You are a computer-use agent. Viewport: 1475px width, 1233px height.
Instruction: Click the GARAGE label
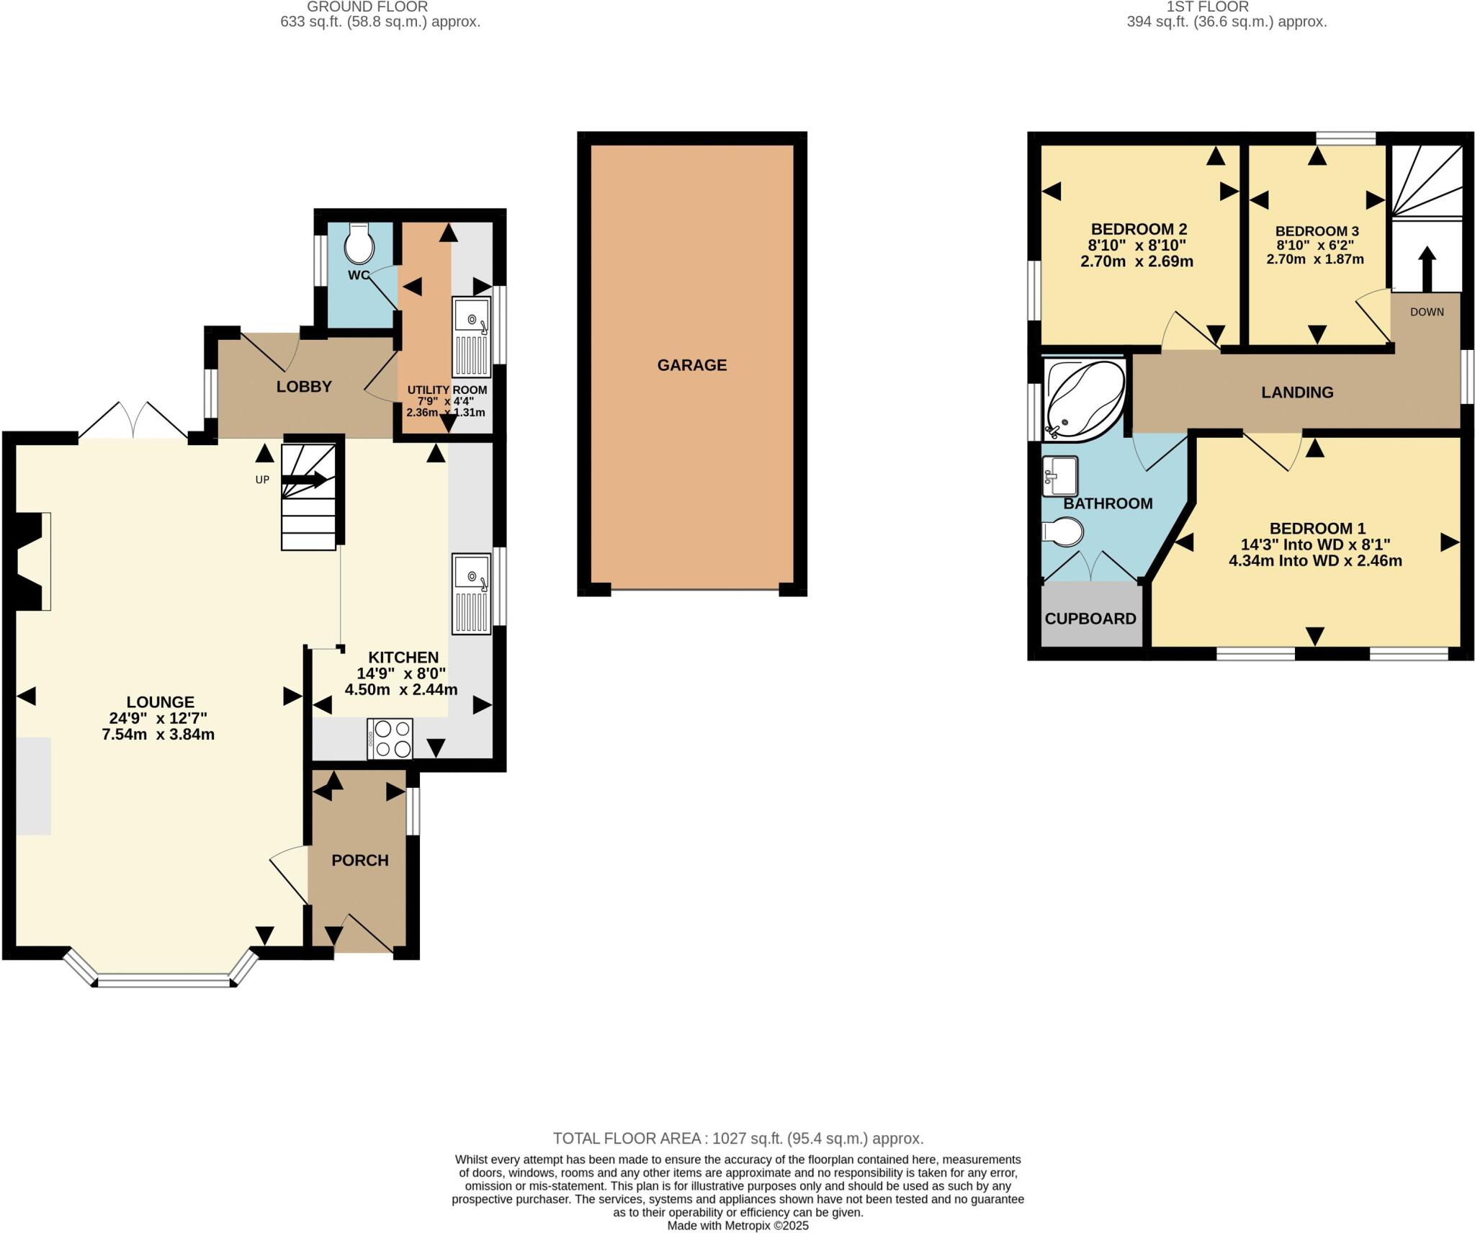(x=691, y=365)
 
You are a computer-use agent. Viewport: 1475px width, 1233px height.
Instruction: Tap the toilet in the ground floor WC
(x=359, y=244)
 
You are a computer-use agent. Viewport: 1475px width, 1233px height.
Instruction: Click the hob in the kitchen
(x=390, y=739)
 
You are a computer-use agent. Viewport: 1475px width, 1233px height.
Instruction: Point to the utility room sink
(x=472, y=336)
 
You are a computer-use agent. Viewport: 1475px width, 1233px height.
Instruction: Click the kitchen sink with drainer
(x=472, y=593)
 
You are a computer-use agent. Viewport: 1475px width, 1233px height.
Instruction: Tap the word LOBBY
(x=304, y=387)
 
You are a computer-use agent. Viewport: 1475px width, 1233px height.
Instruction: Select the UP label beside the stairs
(x=262, y=480)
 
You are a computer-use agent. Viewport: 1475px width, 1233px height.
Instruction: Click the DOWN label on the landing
(x=1426, y=312)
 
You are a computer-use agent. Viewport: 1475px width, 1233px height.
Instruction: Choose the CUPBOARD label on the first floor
(x=1090, y=619)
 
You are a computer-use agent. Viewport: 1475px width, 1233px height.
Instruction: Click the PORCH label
(x=359, y=860)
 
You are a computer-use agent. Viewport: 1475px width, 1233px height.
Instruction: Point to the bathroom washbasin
(x=1059, y=476)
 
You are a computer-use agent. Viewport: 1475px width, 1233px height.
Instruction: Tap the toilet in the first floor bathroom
(x=1063, y=533)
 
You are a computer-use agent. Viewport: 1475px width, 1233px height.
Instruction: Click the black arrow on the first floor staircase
(x=1426, y=268)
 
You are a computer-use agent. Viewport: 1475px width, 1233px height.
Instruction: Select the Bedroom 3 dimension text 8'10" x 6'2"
(x=1315, y=245)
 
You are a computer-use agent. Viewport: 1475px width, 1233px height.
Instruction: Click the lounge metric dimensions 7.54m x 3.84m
(x=158, y=735)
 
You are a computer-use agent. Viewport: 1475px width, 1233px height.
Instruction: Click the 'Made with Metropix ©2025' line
(x=737, y=1225)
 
